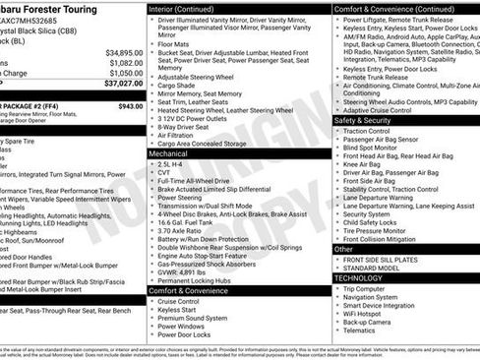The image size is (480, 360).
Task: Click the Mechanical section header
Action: pyautogui.click(x=171, y=153)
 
